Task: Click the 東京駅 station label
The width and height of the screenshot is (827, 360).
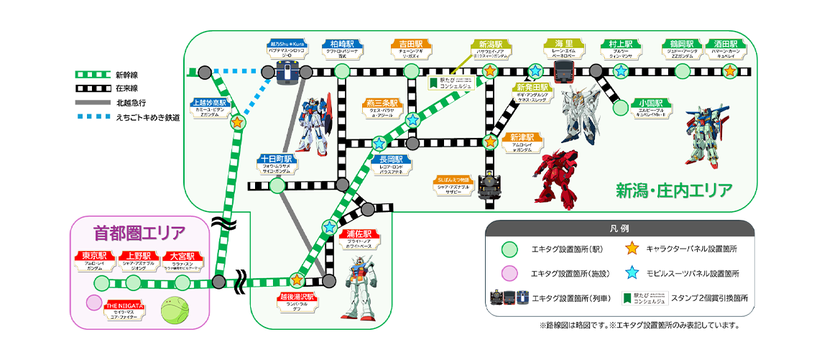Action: click(x=94, y=256)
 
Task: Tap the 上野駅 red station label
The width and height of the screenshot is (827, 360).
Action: click(x=138, y=256)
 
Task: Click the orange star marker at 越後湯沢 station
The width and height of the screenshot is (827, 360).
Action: click(x=297, y=280)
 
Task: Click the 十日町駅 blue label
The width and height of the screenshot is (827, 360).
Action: click(x=277, y=159)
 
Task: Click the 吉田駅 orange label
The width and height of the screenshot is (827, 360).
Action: click(x=411, y=43)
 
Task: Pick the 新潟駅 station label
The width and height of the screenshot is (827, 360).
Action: click(x=489, y=43)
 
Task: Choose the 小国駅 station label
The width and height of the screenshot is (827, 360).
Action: click(x=652, y=103)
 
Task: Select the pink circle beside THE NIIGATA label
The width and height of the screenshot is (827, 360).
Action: click(x=93, y=303)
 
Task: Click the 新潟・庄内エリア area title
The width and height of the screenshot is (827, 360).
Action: click(x=674, y=190)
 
